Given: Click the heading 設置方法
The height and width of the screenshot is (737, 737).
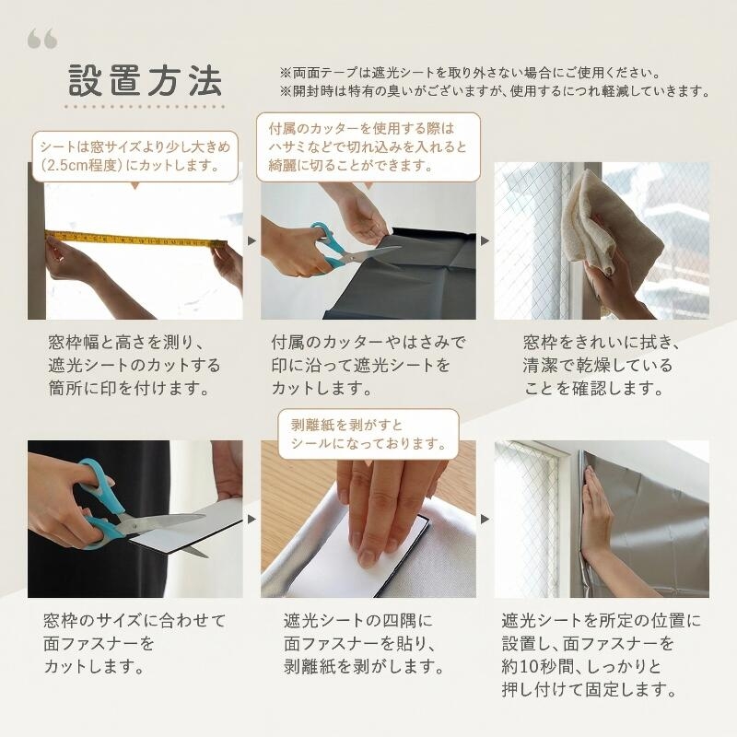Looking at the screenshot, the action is tap(146, 80).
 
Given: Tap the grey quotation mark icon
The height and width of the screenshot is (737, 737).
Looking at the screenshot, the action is tap(42, 39).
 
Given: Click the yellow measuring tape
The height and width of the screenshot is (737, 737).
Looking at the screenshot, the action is tap(135, 240).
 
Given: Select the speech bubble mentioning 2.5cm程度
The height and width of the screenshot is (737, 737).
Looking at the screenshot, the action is tap(135, 157).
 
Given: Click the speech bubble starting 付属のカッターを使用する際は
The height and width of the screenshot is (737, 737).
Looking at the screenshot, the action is tap(368, 147).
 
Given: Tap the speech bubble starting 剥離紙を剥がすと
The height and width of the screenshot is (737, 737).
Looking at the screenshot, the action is tap(368, 434).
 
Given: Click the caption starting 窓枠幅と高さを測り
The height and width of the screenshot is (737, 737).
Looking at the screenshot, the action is tap(135, 365).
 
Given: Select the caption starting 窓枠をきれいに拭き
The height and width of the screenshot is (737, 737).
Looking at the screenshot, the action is tap(602, 365).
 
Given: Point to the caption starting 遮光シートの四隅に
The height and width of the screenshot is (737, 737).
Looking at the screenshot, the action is tap(363, 643).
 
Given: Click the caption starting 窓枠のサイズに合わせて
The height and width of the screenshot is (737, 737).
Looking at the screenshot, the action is tap(135, 643).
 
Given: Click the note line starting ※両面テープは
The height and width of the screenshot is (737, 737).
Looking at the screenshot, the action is tap(471, 73).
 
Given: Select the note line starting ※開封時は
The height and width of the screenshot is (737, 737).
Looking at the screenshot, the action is tap(495, 90).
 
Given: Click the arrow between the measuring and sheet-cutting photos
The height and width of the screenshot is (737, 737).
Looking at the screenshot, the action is tap(252, 241).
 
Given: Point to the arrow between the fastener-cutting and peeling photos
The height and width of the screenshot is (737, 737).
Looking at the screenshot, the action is tap(252, 520).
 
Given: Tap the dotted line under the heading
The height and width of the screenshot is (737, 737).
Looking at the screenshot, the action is tap(145, 107).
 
